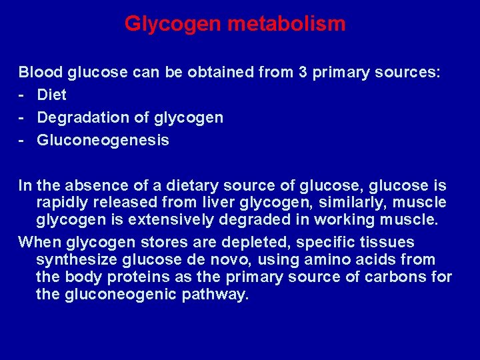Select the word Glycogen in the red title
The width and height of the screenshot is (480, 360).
click(173, 25)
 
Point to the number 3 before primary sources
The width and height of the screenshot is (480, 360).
click(303, 73)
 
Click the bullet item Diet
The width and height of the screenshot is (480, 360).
click(52, 95)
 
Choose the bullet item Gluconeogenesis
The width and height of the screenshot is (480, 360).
click(103, 141)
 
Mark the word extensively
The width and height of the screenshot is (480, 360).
click(170, 220)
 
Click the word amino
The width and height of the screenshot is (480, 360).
click(309, 259)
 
